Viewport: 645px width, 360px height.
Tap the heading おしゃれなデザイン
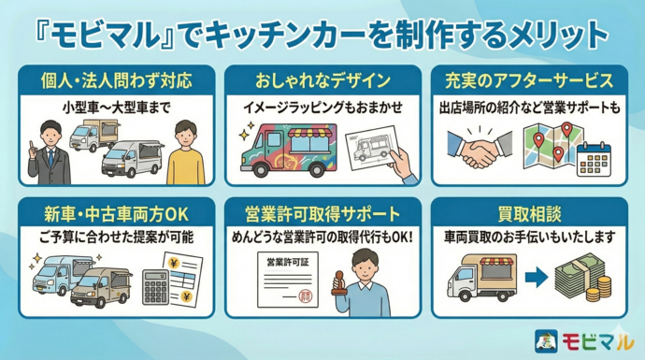(x=322, y=79)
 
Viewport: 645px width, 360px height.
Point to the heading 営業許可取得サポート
(x=322, y=212)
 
